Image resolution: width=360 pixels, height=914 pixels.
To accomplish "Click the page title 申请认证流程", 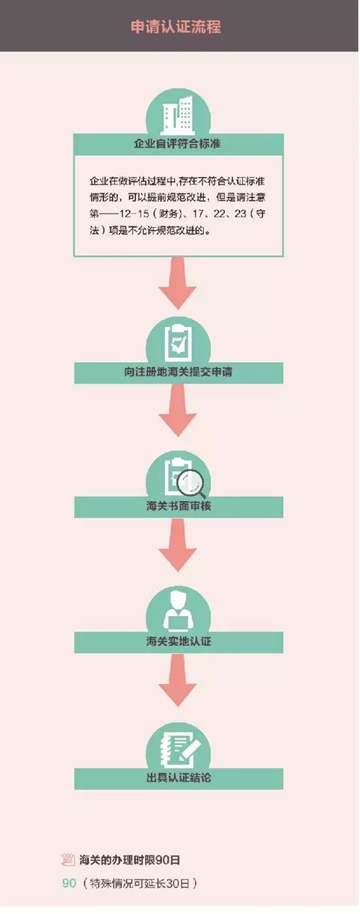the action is (x=176, y=27).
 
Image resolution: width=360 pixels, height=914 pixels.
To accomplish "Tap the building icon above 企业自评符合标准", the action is (x=178, y=116).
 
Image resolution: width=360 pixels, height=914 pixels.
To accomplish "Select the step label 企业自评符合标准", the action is (x=178, y=143).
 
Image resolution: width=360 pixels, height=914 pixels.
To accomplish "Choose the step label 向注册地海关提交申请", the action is (x=179, y=372).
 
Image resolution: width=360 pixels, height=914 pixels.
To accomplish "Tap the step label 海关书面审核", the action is (x=179, y=506).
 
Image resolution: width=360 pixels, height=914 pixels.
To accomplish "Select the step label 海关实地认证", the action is (x=179, y=641).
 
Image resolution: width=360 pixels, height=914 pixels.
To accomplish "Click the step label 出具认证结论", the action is (x=179, y=777).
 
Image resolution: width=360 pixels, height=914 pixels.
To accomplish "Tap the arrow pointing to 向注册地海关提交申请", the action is (x=178, y=283).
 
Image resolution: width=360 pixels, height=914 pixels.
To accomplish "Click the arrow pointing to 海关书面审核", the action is (x=178, y=411).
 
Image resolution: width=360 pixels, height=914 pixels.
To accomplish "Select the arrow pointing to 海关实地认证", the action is (x=178, y=545).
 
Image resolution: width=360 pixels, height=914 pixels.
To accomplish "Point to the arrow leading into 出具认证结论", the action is (x=178, y=680).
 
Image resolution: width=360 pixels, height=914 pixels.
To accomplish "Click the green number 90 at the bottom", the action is (x=69, y=883).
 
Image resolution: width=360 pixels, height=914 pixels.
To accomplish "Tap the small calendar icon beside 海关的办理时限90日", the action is (x=68, y=859).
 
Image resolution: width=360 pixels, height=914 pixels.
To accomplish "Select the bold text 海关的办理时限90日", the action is (x=130, y=860).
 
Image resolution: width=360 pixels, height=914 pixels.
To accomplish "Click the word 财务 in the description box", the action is (x=168, y=214).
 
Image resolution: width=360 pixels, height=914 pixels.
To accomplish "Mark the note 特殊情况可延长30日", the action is (x=140, y=884).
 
